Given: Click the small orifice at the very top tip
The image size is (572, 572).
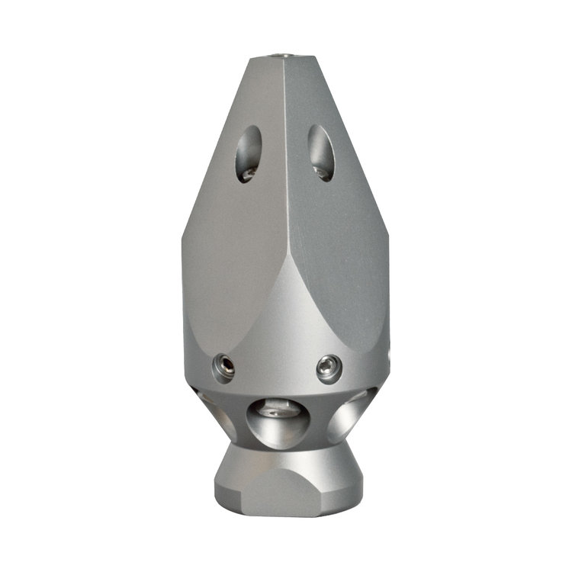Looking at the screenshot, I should [285, 56].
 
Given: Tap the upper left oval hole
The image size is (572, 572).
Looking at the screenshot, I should [249, 153].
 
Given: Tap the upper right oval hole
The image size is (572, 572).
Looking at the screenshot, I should [320, 153].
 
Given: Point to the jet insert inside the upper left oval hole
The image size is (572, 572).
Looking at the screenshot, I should [246, 175].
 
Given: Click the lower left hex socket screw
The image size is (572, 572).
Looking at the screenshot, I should [223, 368].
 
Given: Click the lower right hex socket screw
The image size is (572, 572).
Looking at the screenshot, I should [329, 368].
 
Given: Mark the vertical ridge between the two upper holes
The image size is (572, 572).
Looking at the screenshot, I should [285, 153].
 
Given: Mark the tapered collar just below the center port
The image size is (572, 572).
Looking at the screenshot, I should [284, 458].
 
